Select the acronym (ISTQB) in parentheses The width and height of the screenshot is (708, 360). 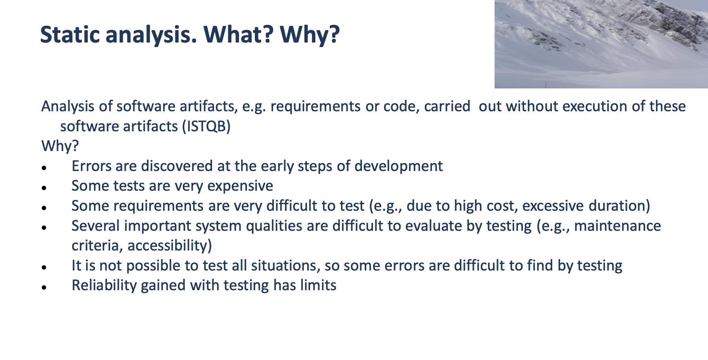point(206,126)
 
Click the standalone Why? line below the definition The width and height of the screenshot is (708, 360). point(60,146)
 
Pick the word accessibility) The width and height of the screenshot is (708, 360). point(170,246)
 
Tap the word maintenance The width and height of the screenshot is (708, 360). point(618,226)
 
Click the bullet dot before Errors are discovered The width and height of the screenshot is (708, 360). point(44,168)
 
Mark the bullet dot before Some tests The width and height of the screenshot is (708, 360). point(44,188)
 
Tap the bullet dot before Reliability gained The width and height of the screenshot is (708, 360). point(44,287)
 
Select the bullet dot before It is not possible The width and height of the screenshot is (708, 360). point(44,267)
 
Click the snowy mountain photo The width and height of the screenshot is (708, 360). point(601,44)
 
